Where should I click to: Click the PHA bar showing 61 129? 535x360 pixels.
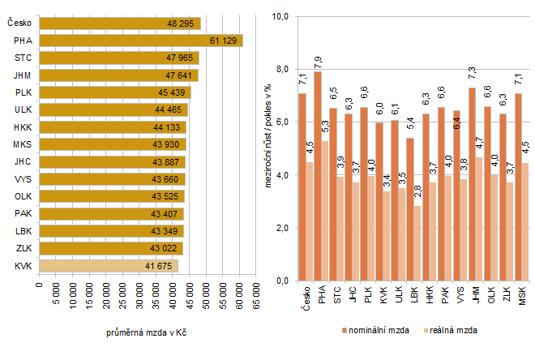tap(140, 41)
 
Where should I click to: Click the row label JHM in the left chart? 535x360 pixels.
tap(24, 75)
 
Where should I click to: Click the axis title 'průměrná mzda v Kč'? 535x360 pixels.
tap(148, 333)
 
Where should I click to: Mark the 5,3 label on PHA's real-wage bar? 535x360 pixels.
tap(325, 128)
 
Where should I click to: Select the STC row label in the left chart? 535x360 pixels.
tap(24, 58)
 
